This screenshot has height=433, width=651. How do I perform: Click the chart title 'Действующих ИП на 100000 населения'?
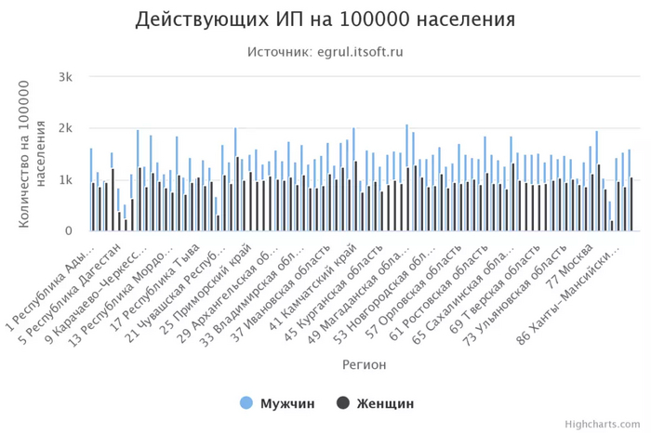point(325,20)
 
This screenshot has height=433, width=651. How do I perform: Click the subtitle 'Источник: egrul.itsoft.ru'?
point(325,52)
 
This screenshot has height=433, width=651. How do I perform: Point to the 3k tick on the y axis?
point(65,77)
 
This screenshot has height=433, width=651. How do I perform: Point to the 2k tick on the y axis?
point(65,128)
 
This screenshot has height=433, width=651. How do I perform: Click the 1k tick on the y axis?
point(65,179)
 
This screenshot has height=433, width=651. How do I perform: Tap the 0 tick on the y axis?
point(69,231)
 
